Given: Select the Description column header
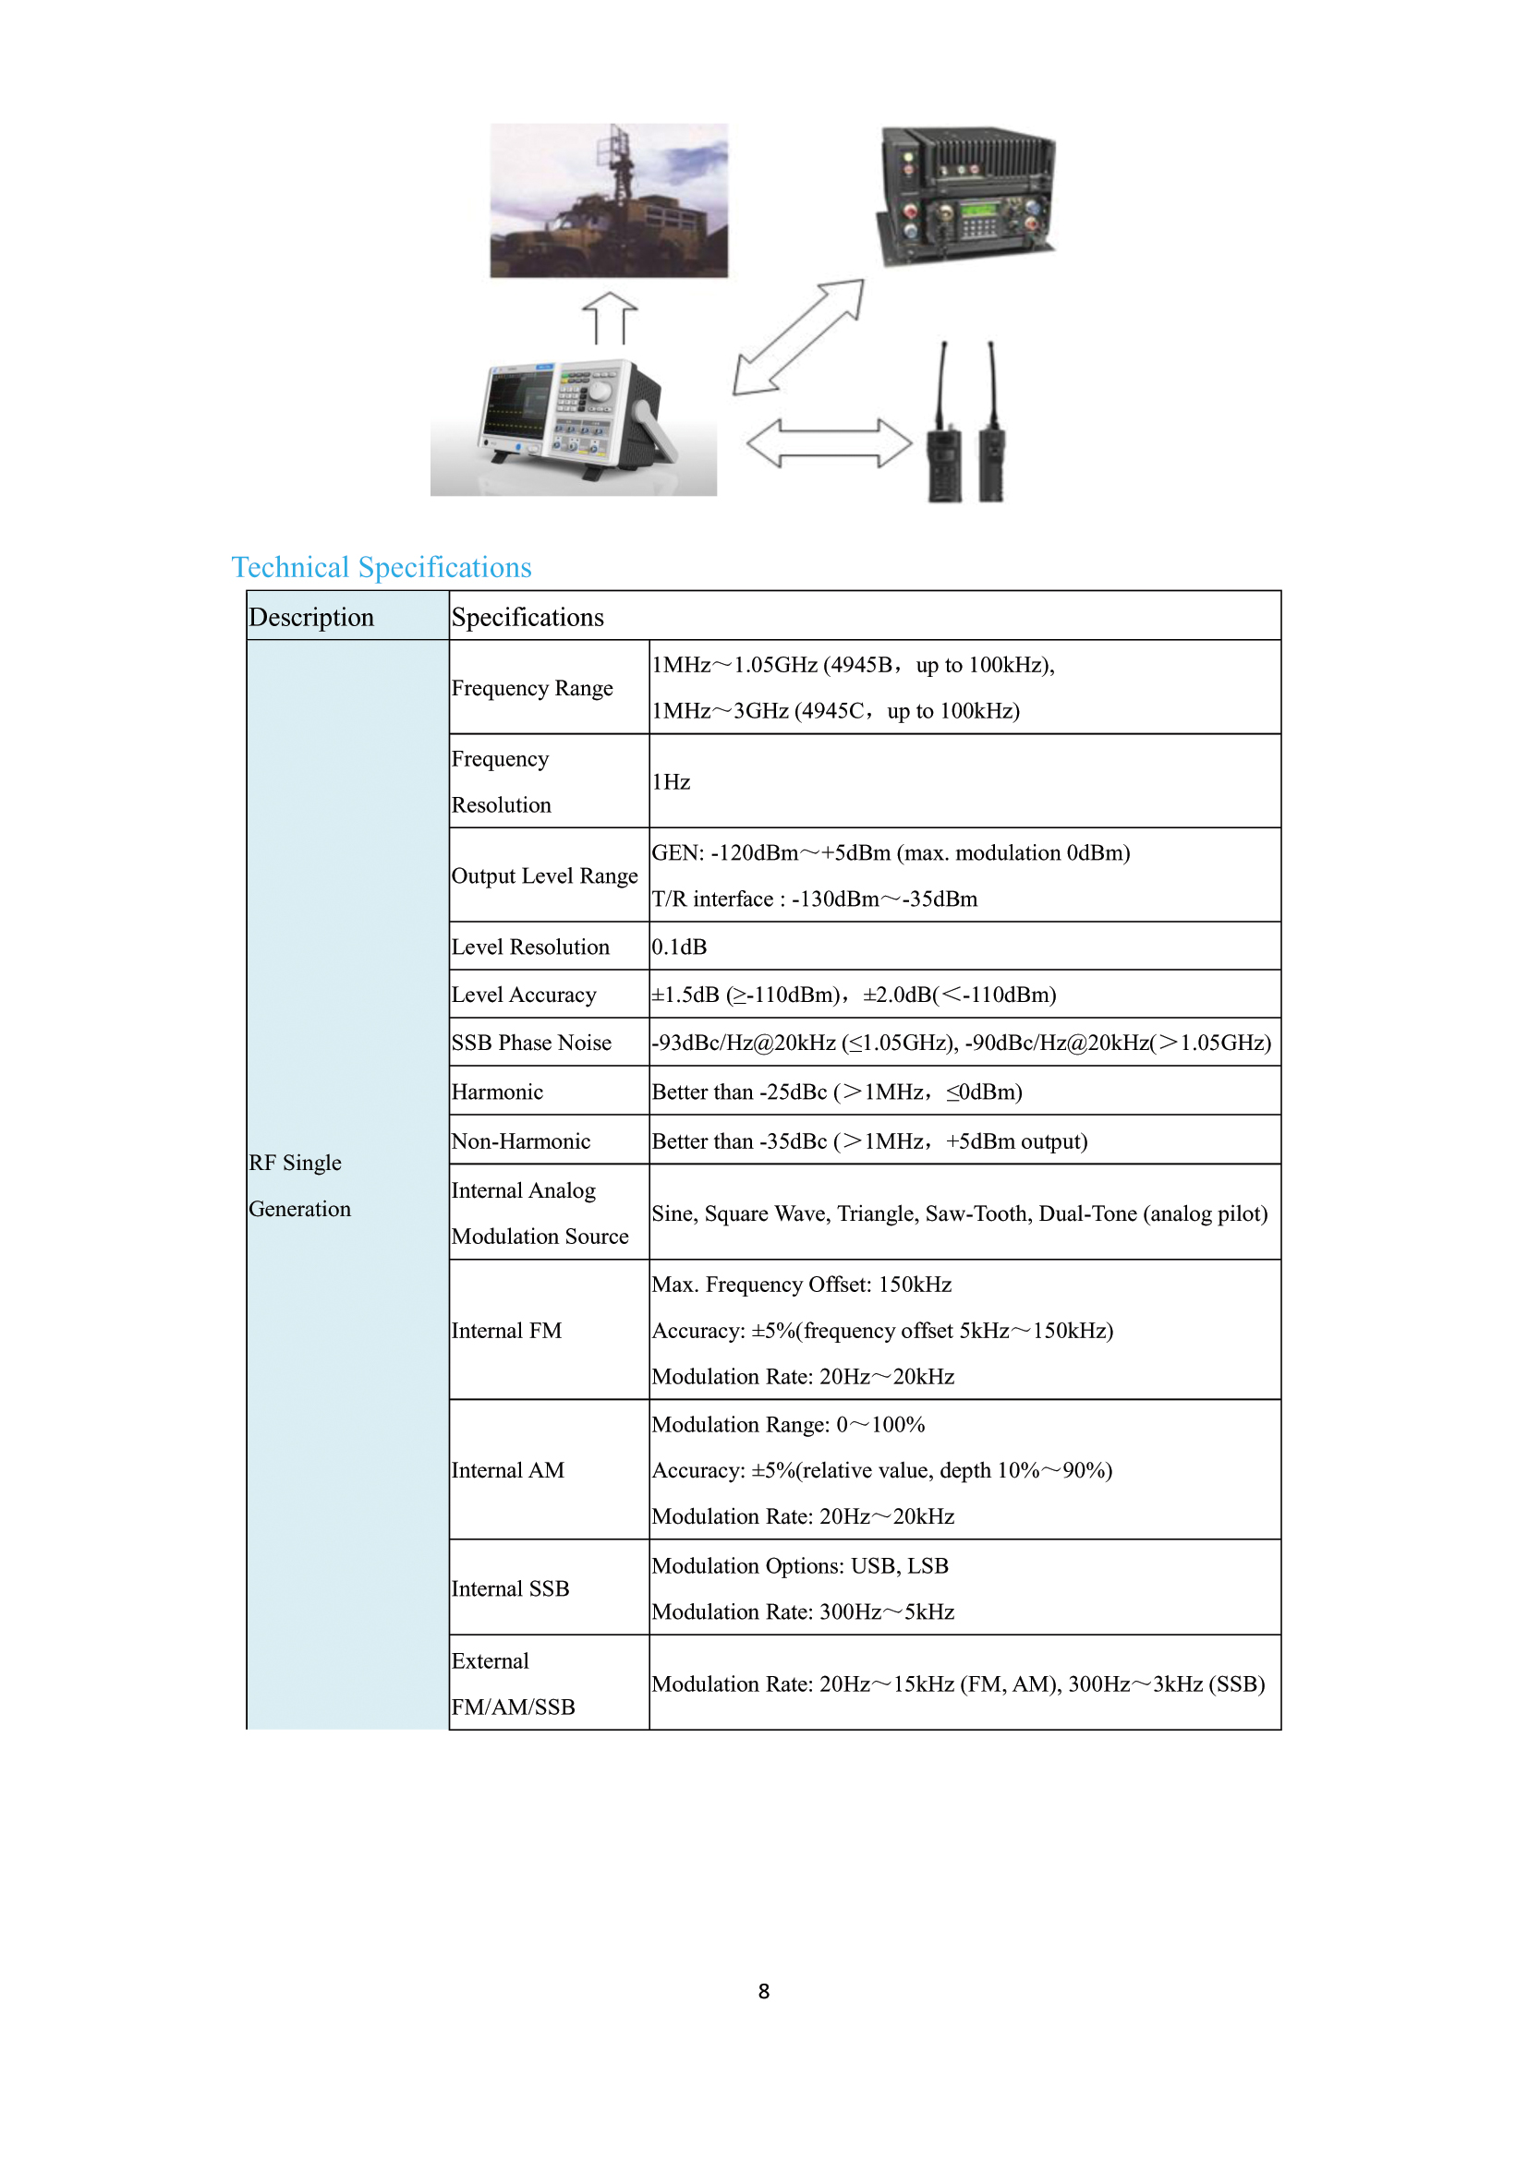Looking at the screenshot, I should pyautogui.click(x=311, y=617).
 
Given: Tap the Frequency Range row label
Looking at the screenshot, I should pyautogui.click(x=531, y=688).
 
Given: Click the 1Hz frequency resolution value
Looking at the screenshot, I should pyautogui.click(x=671, y=782).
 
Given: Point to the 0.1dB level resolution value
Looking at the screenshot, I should pyautogui.click(x=678, y=947).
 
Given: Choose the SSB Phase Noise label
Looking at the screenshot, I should pyautogui.click(x=530, y=1043).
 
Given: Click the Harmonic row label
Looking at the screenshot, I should pyautogui.click(x=497, y=1092).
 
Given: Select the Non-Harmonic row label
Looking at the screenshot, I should pyautogui.click(x=520, y=1141).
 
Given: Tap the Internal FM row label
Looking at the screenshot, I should pyautogui.click(x=506, y=1330).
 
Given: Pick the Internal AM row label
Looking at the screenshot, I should pyautogui.click(x=507, y=1470).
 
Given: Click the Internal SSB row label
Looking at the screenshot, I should pyautogui.click(x=510, y=1589).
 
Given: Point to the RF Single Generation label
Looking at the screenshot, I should pyautogui.click(x=299, y=1186).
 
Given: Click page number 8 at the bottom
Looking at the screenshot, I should pyautogui.click(x=763, y=1991).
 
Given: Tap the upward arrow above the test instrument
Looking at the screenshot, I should pyautogui.click(x=610, y=318).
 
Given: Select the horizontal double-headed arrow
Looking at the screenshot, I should pyautogui.click(x=829, y=443).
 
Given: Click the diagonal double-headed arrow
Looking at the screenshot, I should pyautogui.click(x=798, y=337).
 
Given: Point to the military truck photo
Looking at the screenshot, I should pyautogui.click(x=609, y=200).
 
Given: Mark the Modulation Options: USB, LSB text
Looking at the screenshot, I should pyautogui.click(x=800, y=1565).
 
